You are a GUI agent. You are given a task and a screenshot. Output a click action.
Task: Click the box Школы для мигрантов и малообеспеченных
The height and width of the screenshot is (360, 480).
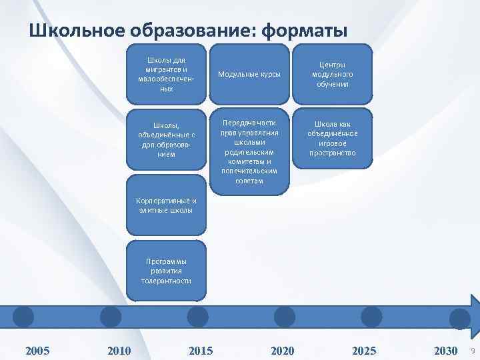(167, 74)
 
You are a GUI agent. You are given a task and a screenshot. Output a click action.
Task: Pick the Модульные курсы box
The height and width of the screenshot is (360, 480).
(250, 74)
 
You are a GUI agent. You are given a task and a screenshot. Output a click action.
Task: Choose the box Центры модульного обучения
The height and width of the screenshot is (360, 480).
(333, 74)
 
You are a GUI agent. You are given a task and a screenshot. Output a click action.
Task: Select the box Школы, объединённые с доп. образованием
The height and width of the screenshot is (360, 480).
(167, 139)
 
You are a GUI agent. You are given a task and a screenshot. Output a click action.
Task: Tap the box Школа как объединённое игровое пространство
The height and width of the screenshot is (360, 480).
(333, 139)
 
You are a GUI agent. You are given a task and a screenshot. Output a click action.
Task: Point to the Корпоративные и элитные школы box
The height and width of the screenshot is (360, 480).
(167, 205)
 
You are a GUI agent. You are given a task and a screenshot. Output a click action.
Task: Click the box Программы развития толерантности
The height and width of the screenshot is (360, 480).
(167, 271)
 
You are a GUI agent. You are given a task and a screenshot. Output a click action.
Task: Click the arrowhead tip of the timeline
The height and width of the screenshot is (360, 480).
(476, 317)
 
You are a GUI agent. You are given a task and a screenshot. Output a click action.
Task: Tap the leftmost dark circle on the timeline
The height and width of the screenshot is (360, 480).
(23, 317)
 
